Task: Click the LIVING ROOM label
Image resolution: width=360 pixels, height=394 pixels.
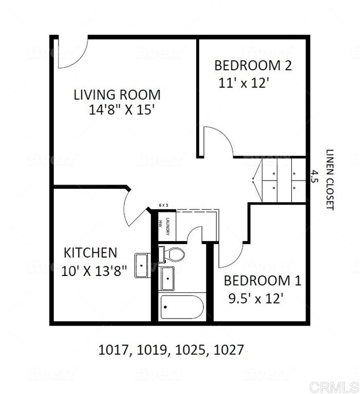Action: click(117, 95)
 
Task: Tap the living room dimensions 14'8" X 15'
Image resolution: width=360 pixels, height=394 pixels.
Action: click(121, 110)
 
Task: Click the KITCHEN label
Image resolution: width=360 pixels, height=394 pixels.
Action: click(90, 253)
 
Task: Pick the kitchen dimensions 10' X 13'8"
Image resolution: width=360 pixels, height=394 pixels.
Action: click(94, 270)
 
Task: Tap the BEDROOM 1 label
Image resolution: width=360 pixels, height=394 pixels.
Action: click(262, 281)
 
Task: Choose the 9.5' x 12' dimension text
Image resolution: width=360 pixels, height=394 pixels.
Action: click(255, 298)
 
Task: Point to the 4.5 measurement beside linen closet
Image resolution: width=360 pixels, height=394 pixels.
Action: click(314, 177)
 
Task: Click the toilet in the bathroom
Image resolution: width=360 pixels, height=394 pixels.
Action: click(174, 254)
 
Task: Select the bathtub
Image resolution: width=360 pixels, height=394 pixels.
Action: click(182, 307)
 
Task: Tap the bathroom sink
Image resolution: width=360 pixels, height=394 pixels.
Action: click(167, 278)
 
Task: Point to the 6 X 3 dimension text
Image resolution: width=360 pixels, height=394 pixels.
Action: click(164, 205)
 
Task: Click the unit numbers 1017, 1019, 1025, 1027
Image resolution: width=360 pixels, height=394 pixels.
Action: click(170, 350)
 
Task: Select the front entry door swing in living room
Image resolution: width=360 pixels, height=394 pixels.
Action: click(71, 53)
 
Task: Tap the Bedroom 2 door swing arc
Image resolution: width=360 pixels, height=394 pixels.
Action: click(217, 140)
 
